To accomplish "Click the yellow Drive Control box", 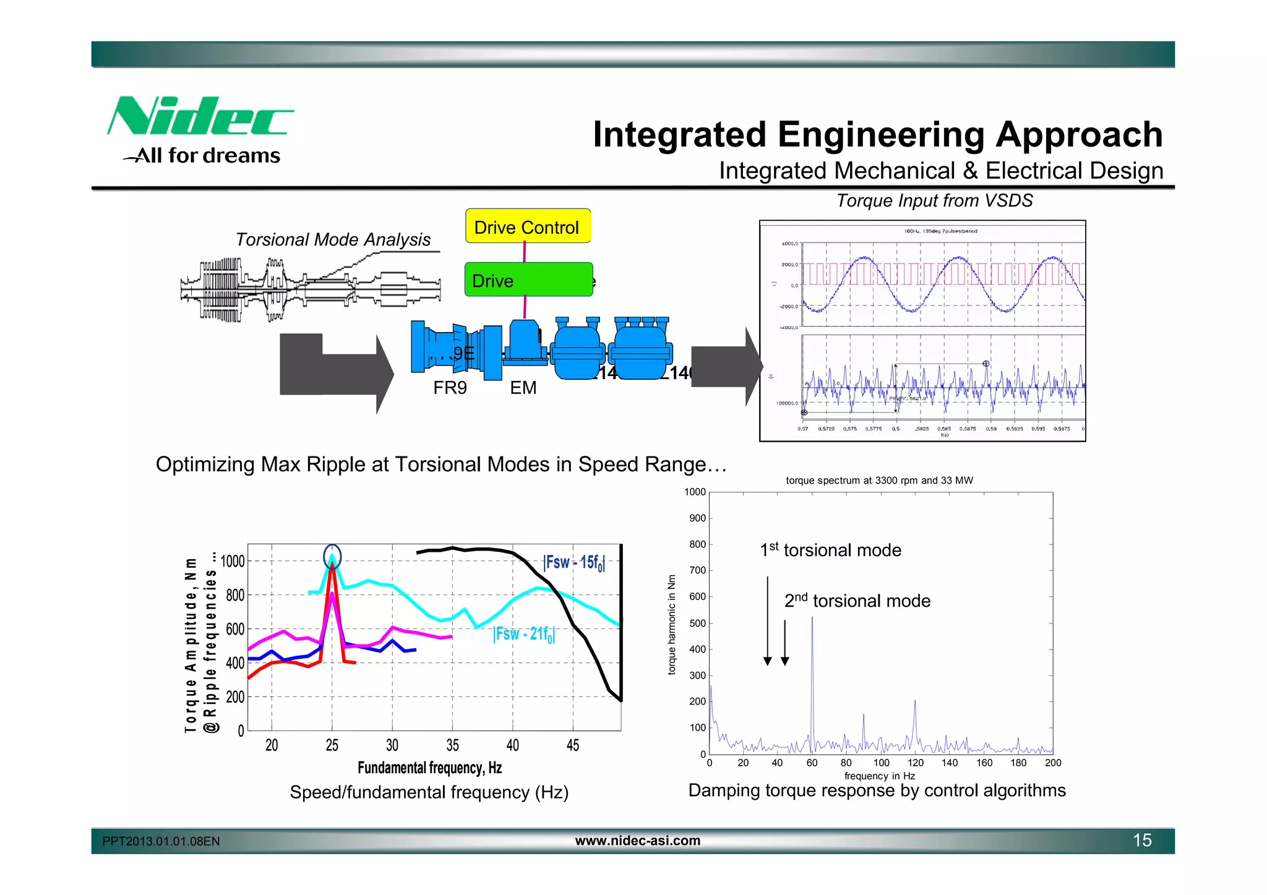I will tap(528, 227).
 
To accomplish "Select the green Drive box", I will tap(528, 280).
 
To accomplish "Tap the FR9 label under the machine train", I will tap(450, 388).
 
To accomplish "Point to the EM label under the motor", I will tap(523, 388).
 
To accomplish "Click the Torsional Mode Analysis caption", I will tap(333, 239).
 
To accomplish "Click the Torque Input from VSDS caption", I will tap(934, 200).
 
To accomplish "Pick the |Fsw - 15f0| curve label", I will tap(573, 562).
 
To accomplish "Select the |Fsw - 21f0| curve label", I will tap(524, 634).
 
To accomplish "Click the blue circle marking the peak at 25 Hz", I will tap(332, 557).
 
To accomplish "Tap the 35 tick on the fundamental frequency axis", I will tap(452, 745).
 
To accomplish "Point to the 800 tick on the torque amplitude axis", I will tap(235, 596).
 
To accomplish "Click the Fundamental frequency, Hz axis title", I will tap(429, 768).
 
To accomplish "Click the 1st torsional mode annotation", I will tap(830, 550).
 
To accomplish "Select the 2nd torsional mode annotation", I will tap(857, 601).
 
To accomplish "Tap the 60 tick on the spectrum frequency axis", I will tap(812, 763).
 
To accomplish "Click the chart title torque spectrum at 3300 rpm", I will tap(879, 481).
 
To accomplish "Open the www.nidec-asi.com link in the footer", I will tap(638, 841).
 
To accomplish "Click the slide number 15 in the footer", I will tap(1142, 840).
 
